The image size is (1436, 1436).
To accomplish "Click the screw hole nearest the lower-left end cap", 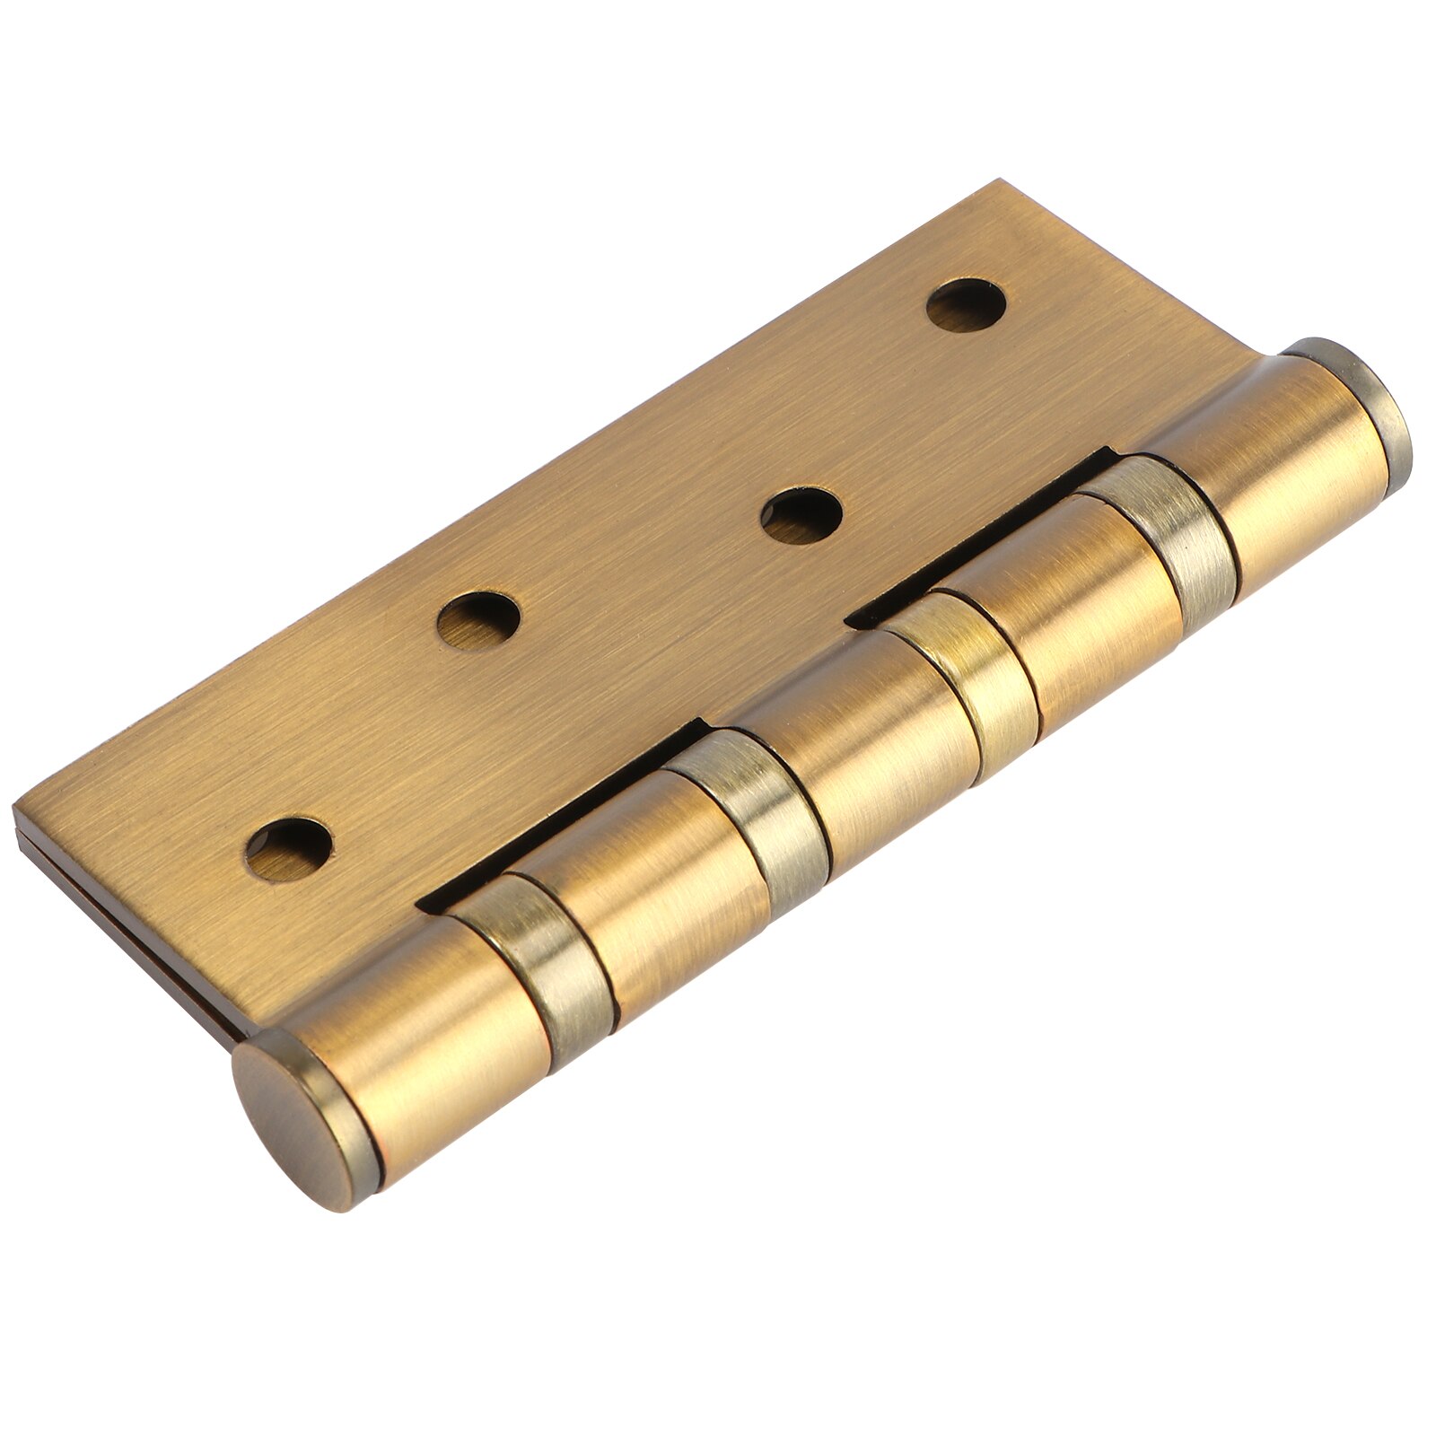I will click(x=289, y=848).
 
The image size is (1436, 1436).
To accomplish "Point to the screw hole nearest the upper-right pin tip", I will click(x=966, y=306).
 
